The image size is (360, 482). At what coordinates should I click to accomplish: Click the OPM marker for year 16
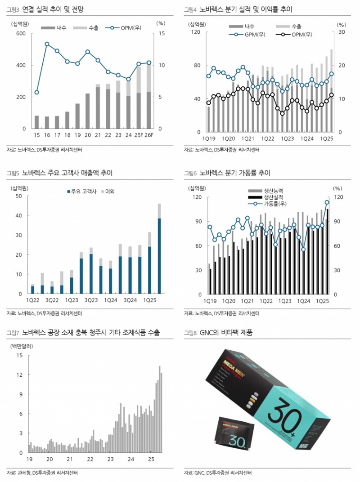(x=47, y=44)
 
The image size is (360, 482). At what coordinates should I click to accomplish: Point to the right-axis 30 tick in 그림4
(x=342, y=32)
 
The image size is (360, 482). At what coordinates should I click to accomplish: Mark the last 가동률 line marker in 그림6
(x=327, y=202)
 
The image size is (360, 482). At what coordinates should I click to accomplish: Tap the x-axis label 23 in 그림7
(x=111, y=460)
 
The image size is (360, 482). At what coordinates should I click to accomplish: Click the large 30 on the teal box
(x=288, y=407)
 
